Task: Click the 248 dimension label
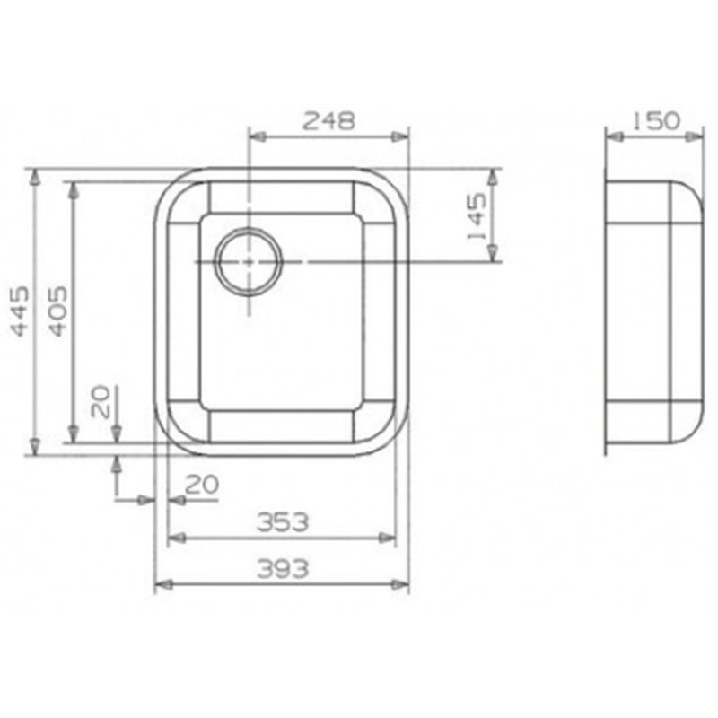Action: tap(328, 121)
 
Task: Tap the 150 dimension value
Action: tap(656, 121)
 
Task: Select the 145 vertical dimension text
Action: tap(477, 216)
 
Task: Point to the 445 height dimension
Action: tap(20, 311)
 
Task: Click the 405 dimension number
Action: tap(58, 311)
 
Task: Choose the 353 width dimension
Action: tap(283, 522)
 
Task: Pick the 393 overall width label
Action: tap(283, 569)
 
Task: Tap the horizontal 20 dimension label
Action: tap(201, 485)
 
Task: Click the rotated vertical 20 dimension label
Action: tap(101, 401)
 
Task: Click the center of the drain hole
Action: tap(249, 262)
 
